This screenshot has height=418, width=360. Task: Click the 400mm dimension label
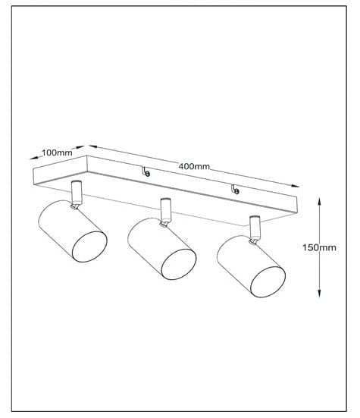(x=194, y=166)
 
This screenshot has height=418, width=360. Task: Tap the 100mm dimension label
(x=57, y=152)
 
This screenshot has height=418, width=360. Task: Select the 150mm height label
(x=319, y=247)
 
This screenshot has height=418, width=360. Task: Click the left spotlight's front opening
(x=89, y=247)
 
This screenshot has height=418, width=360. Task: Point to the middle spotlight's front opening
(x=179, y=264)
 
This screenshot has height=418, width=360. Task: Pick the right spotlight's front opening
(x=268, y=281)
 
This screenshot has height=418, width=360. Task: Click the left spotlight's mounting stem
(x=77, y=192)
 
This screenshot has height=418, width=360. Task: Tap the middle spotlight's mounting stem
(x=166, y=210)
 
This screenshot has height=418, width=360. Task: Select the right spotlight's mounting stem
(x=255, y=228)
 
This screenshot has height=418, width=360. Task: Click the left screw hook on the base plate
(x=146, y=172)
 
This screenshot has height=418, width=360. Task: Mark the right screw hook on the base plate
(x=235, y=189)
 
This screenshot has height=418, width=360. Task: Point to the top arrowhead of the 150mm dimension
(x=320, y=201)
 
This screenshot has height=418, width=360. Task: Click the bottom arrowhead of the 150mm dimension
(x=320, y=293)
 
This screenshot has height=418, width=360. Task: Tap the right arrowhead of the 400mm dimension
(x=296, y=186)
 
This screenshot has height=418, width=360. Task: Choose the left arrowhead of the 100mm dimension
(x=34, y=158)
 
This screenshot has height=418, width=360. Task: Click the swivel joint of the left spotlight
(x=74, y=206)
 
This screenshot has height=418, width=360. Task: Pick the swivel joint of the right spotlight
(x=252, y=241)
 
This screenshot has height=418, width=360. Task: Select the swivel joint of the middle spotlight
(x=164, y=224)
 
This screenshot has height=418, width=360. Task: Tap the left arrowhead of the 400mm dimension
(x=92, y=146)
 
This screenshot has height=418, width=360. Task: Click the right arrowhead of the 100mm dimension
(x=80, y=147)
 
